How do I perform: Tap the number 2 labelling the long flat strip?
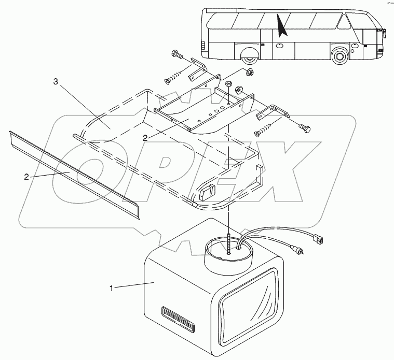click(x=26, y=176)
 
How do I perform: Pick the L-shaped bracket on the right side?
click(x=275, y=112)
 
